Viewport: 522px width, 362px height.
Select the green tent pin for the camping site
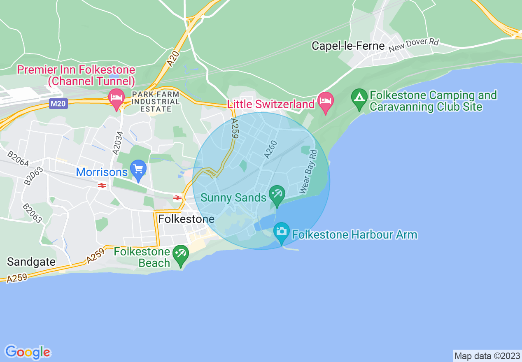tap(359, 99)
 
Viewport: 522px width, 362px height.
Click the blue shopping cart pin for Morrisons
tap(138, 170)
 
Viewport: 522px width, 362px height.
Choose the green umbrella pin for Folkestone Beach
tap(180, 255)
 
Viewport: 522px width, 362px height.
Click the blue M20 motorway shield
tap(58, 104)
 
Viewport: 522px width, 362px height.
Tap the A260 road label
tap(270, 149)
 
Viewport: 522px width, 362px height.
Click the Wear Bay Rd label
tap(309, 172)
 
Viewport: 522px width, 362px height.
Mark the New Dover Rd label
tap(414, 45)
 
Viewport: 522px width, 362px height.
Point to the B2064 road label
tap(18, 159)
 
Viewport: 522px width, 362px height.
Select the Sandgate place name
tap(31, 262)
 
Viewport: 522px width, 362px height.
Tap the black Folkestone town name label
tap(186, 219)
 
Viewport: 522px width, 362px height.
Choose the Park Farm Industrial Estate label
tap(156, 102)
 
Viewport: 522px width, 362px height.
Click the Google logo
tap(28, 352)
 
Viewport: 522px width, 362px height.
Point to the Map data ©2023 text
tap(486, 356)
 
